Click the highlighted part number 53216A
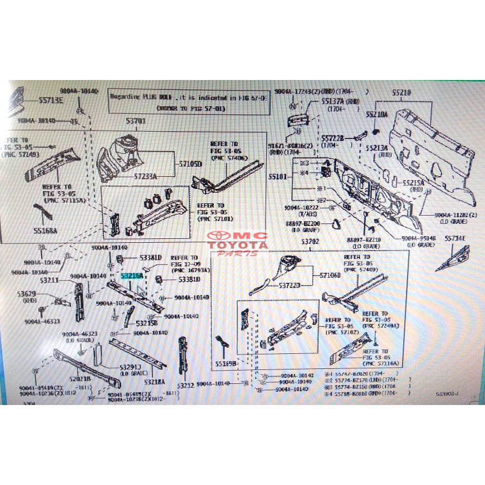coord(132,276)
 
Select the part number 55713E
coord(51,101)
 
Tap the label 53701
coord(136,121)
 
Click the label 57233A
coord(146,176)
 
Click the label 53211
coord(49,281)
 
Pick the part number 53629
coord(26,294)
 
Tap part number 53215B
coord(147,323)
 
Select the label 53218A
coord(154,382)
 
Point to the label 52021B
coord(79,379)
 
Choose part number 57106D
coord(331,276)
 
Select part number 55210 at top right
coord(401,93)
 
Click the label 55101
coord(278,175)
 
